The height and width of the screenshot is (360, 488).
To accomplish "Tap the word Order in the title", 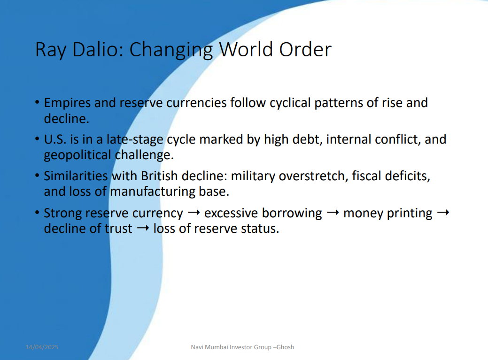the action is click(305, 49).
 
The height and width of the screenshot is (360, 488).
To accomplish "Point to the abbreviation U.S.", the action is click(55, 139).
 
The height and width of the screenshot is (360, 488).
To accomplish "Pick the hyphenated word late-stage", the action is click(135, 139).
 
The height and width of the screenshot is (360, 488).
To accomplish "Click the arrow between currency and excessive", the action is click(194, 213).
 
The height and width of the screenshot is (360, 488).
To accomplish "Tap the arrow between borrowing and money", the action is click(333, 213).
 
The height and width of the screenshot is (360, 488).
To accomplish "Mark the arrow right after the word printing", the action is click(443, 213).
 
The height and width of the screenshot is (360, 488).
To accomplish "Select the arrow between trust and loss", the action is click(143, 229).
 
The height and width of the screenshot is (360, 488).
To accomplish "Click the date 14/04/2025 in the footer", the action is click(42, 347).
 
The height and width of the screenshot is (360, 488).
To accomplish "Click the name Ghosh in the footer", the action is click(285, 347).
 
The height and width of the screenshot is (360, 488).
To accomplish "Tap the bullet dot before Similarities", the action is click(38, 176).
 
